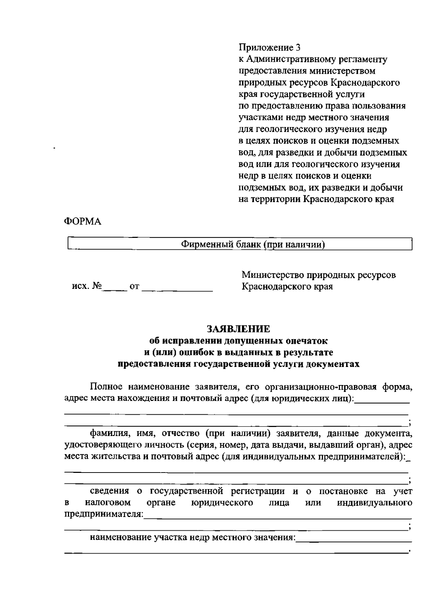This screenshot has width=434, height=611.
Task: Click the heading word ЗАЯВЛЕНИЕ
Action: coord(238,329)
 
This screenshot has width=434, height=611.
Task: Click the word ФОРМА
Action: coord(82,222)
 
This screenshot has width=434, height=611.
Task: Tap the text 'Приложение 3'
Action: coord(269,47)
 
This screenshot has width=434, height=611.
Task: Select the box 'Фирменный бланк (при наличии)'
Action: coord(240,244)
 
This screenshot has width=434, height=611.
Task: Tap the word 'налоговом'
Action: coord(108,503)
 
